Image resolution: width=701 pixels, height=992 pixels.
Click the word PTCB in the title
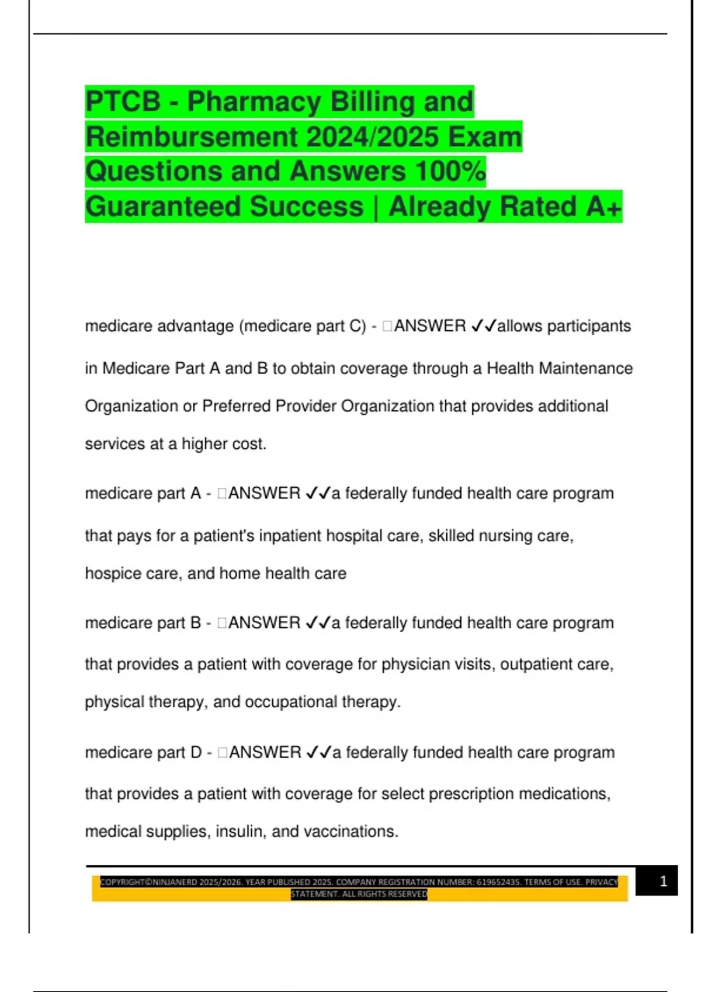(123, 102)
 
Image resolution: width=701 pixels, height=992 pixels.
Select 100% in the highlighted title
(450, 172)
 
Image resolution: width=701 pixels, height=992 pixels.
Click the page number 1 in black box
(663, 881)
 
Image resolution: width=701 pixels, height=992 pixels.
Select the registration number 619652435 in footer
(498, 882)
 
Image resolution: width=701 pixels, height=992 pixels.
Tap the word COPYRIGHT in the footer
(122, 882)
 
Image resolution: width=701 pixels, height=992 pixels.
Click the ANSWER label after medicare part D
(265, 753)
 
